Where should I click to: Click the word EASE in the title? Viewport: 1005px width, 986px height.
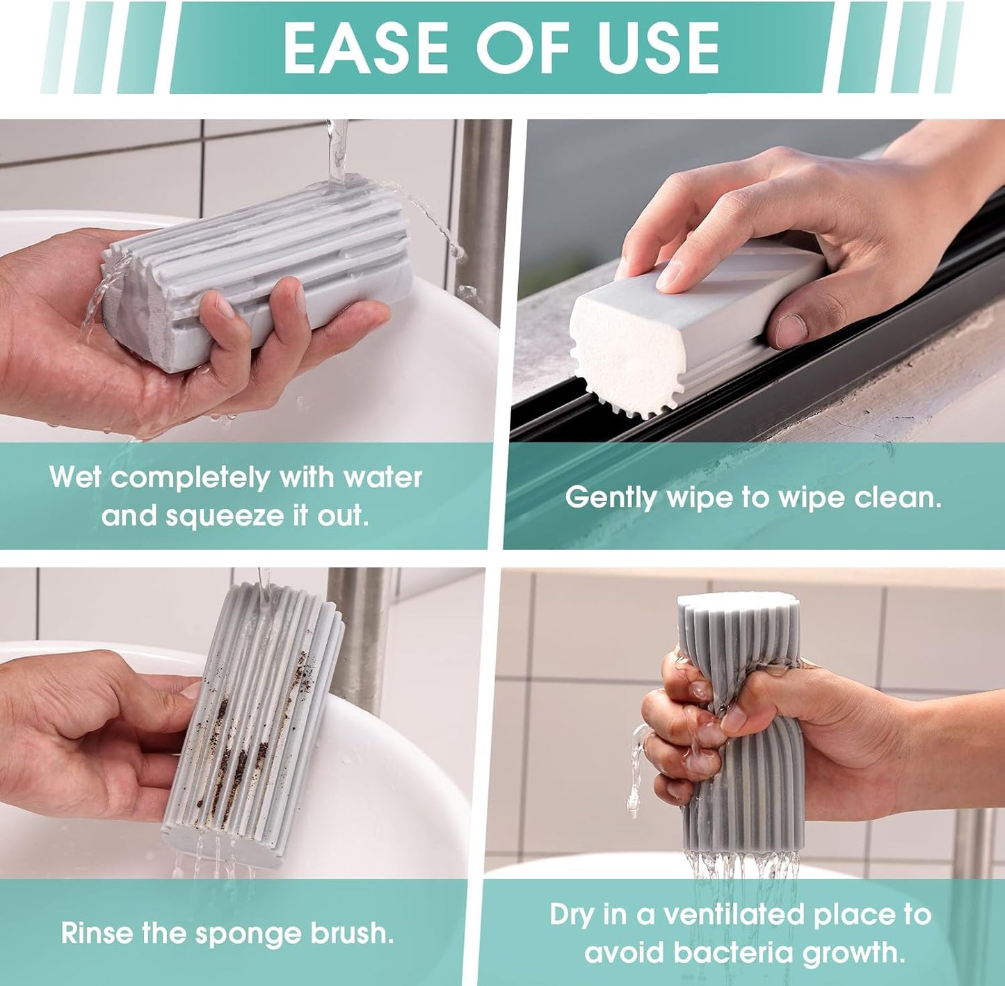[366, 47]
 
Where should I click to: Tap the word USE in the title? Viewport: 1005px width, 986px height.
[659, 47]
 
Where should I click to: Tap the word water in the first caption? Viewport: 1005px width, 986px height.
[383, 477]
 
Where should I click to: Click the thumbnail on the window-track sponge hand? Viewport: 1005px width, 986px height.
[791, 330]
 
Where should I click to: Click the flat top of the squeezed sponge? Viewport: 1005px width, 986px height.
[737, 601]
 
